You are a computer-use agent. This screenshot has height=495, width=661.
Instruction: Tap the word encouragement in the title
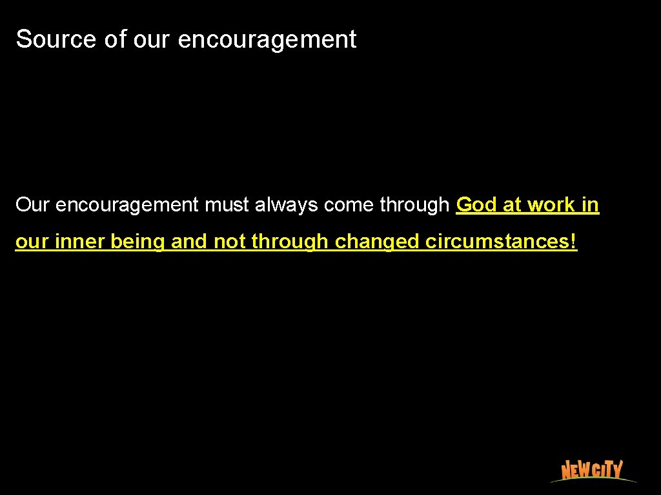[x=267, y=40]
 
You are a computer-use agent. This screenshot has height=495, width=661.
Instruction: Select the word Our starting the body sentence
[x=32, y=205]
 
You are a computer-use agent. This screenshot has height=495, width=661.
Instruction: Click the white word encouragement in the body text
[x=127, y=206]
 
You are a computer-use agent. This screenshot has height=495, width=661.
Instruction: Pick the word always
[x=287, y=206]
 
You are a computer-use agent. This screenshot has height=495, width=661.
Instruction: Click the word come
[x=349, y=206]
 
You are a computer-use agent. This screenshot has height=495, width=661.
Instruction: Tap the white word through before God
[x=414, y=206]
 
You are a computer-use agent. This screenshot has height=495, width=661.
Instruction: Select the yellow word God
[x=476, y=205]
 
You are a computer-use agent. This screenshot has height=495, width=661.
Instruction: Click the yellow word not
[x=229, y=242]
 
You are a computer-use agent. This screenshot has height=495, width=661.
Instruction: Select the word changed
[x=377, y=242]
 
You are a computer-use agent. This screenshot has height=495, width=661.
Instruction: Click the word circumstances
[x=498, y=242]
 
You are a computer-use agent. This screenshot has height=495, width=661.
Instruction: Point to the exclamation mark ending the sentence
[x=575, y=242]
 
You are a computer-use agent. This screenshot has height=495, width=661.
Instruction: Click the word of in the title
[x=116, y=39]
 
